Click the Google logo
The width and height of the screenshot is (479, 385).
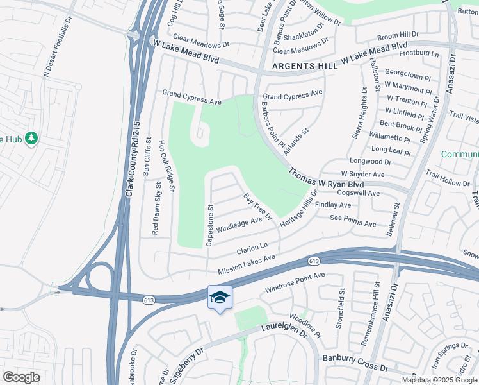(x=21, y=377)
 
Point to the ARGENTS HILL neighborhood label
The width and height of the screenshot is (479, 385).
(x=302, y=66)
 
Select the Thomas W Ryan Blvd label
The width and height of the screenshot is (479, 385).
(x=330, y=178)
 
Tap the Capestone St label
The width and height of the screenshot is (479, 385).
(x=209, y=225)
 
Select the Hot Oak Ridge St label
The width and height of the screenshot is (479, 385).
(x=166, y=166)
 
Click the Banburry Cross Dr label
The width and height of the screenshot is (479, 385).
(x=355, y=363)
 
